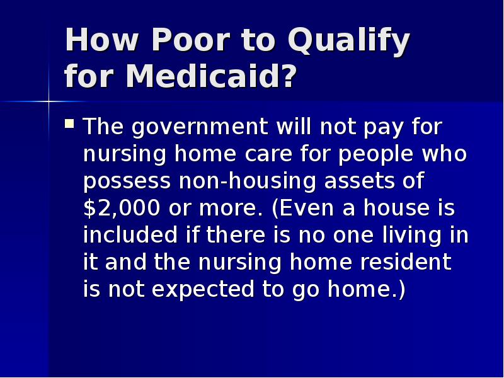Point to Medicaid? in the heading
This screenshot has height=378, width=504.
pyautogui.click(x=211, y=77)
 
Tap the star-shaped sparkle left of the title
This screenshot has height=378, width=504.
pyautogui.click(x=49, y=100)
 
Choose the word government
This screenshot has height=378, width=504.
pyautogui.click(x=200, y=128)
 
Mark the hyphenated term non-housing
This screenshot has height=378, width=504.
pyautogui.click(x=248, y=182)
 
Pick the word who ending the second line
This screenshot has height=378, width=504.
pyautogui.click(x=447, y=155)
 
